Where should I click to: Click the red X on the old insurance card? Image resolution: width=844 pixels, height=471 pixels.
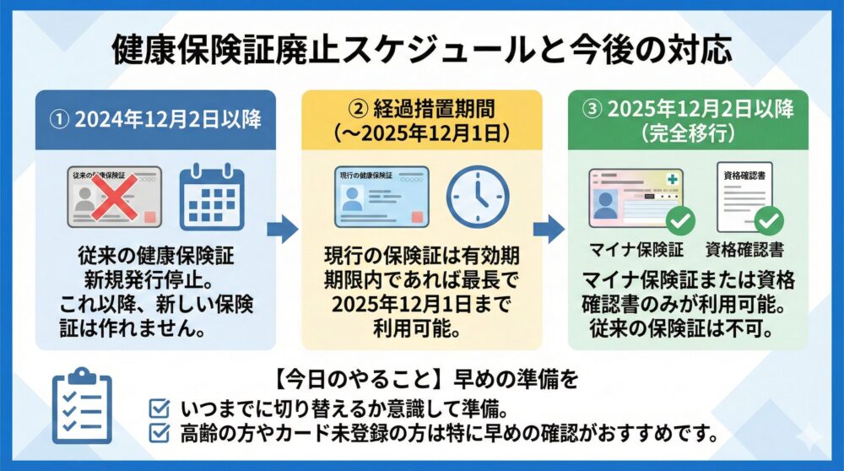coord(115,197)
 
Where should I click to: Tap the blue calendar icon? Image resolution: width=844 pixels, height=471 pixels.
coord(211,198)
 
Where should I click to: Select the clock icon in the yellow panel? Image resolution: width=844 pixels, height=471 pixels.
coord(477,198)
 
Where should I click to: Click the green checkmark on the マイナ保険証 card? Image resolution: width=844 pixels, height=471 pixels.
coord(680,221)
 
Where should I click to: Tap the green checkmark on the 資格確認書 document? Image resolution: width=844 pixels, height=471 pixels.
coord(768,221)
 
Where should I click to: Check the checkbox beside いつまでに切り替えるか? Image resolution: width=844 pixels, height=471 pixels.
coord(157,409)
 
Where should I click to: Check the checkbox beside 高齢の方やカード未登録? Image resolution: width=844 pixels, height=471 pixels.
coord(157,434)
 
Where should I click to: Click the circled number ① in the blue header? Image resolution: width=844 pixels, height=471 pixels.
coord(59,119)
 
